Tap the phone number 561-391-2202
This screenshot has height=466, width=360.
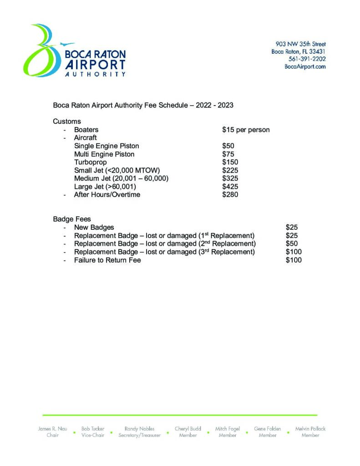(307, 59)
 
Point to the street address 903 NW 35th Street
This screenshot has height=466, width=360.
(300, 44)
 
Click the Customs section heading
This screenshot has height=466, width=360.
(67, 122)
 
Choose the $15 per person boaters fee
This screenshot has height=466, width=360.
(246, 130)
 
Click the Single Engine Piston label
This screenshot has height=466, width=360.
(106, 146)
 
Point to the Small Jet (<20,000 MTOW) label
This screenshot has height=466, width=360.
(117, 171)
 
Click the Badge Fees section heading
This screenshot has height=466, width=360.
(72, 219)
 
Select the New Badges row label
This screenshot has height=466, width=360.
(94, 227)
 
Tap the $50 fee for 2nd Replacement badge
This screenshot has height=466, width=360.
(292, 243)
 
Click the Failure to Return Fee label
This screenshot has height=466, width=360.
(107, 260)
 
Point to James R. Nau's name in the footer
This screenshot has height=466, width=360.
(53, 429)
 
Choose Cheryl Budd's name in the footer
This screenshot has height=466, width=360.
(188, 429)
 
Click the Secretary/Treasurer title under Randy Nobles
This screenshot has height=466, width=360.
(139, 436)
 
